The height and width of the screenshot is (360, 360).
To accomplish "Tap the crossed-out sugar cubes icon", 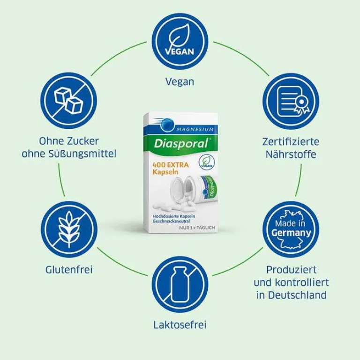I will click(x=68, y=101).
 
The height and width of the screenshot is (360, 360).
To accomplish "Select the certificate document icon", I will click(x=291, y=101).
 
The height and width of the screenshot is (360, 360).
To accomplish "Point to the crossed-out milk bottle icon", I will click(x=180, y=284).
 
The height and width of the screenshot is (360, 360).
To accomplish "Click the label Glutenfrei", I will click(x=69, y=270).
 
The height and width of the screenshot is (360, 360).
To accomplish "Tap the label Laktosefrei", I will click(x=180, y=324).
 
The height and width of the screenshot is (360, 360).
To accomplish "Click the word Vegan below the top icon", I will click(x=180, y=81).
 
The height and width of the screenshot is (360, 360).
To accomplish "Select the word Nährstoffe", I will click(x=291, y=154).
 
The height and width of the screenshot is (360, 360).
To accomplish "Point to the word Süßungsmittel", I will click(x=90, y=154).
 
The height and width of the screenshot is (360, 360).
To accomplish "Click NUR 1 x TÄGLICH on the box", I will click(x=197, y=228).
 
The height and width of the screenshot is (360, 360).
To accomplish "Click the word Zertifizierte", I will click(x=291, y=141).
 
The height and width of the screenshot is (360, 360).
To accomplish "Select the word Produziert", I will click(x=291, y=270).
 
